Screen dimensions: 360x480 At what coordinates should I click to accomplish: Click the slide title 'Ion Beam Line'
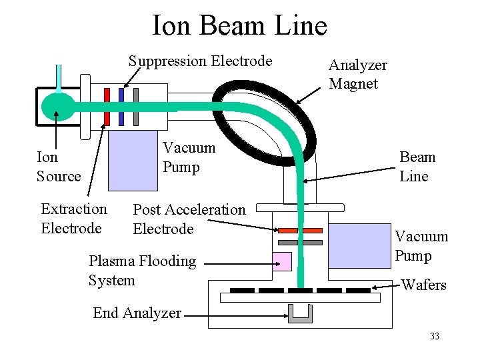coord(239,26)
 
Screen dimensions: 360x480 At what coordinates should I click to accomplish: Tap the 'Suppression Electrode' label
coord(200,61)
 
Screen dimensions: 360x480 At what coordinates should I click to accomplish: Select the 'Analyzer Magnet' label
coord(357,74)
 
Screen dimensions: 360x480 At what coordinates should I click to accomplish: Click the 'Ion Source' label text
coord(58,167)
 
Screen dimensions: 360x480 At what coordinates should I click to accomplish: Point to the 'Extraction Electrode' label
coord(73,219)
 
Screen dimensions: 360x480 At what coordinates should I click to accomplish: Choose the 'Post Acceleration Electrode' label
coord(189,219)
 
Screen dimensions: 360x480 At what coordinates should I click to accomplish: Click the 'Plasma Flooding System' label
coord(142,270)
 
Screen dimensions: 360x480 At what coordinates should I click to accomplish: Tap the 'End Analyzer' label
coord(137,313)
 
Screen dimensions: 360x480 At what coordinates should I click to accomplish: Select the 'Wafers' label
coord(423,285)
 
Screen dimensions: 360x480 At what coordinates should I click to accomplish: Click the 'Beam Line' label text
coord(417,167)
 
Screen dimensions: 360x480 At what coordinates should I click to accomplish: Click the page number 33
coord(435,336)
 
